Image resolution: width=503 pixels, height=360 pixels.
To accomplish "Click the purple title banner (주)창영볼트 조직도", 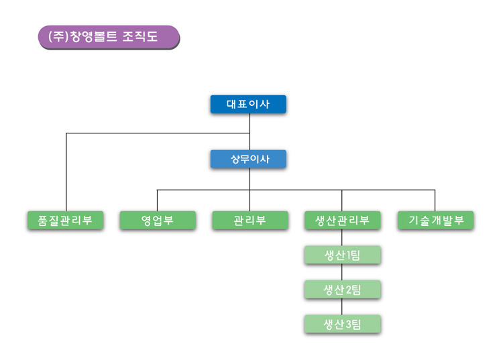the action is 109,37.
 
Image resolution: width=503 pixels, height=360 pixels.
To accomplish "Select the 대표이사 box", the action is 248,104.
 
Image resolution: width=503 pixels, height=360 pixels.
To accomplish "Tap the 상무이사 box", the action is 248,159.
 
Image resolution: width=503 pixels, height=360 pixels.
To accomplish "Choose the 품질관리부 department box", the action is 66,221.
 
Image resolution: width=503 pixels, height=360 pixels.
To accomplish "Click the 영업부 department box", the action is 158,221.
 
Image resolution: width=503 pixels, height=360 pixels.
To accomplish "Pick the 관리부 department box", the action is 250,221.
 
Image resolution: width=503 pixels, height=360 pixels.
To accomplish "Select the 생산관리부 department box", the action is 343,221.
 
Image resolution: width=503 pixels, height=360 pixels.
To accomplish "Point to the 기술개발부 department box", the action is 436,221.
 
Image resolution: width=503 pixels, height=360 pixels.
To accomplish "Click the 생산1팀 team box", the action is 343,255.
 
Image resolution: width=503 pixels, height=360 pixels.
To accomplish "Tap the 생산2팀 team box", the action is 343,290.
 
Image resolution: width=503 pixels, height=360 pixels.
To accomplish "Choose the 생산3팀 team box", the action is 343,324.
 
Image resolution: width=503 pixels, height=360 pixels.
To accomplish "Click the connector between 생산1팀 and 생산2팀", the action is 342,272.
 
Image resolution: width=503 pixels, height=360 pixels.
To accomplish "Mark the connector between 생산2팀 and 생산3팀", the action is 342,307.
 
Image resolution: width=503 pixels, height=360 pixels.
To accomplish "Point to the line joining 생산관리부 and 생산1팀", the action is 342,238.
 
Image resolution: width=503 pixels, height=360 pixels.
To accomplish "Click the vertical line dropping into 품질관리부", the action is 66,172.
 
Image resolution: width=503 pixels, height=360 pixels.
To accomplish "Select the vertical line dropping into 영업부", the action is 157,200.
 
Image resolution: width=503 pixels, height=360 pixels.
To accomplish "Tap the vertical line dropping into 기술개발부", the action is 435,200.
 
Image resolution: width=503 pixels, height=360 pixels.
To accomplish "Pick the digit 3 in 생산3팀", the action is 348,324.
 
